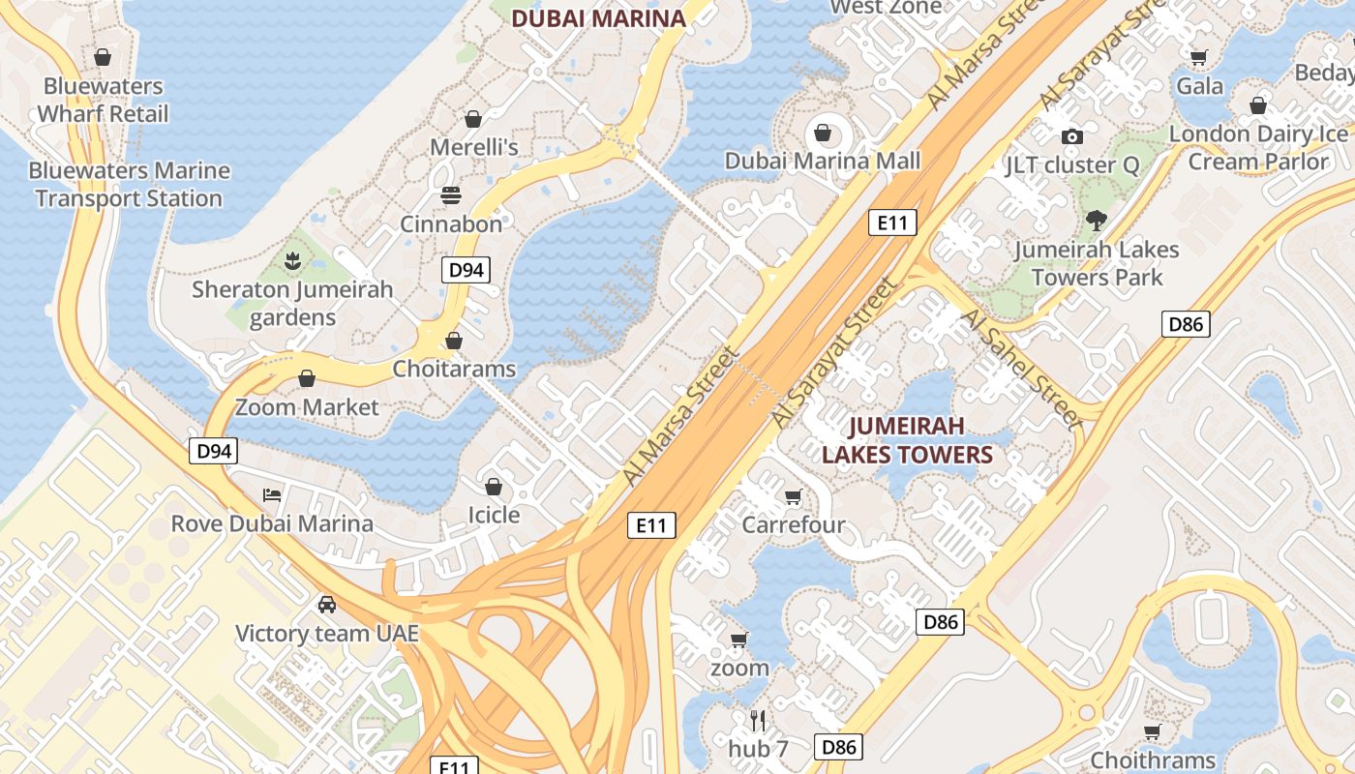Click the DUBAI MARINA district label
[598, 17]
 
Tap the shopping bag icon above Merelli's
[473, 119]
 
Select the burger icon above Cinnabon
[451, 195]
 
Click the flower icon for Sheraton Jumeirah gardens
[291, 259]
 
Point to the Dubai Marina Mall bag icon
[823, 132]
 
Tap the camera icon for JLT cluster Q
[1071, 136]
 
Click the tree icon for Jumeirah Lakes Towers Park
[1097, 221]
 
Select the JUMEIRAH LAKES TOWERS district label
[907, 440]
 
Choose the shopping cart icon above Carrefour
[794, 496]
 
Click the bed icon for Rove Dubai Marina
[272, 495]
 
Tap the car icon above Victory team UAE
[327, 605]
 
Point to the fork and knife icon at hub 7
[758, 720]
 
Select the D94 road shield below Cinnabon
[466, 270]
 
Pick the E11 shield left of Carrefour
[651, 525]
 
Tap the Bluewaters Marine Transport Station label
[129, 185]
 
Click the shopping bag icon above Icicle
[494, 486]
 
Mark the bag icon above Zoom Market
[307, 378]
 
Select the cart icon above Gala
[1199, 57]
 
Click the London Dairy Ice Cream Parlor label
[1258, 147]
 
